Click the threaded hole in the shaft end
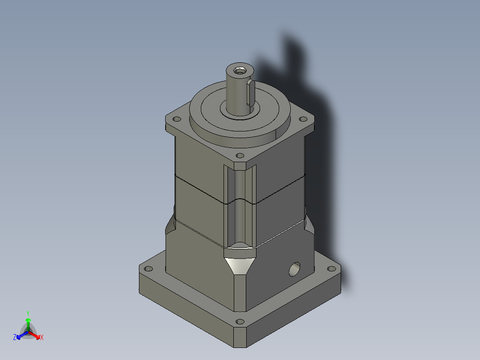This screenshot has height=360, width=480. (x=240, y=70)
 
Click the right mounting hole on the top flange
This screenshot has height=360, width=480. (x=303, y=119)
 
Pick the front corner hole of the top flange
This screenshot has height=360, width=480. (x=240, y=155)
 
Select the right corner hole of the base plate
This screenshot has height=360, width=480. (x=331, y=269)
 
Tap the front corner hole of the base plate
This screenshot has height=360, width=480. (x=240, y=321)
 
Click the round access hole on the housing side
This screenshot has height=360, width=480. (x=294, y=269)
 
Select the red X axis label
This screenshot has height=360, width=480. (x=42, y=338)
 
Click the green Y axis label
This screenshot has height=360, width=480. (x=28, y=313)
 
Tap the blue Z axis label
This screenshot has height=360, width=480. (x=15, y=338)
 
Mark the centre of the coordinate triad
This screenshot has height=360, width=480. (x=28, y=332)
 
